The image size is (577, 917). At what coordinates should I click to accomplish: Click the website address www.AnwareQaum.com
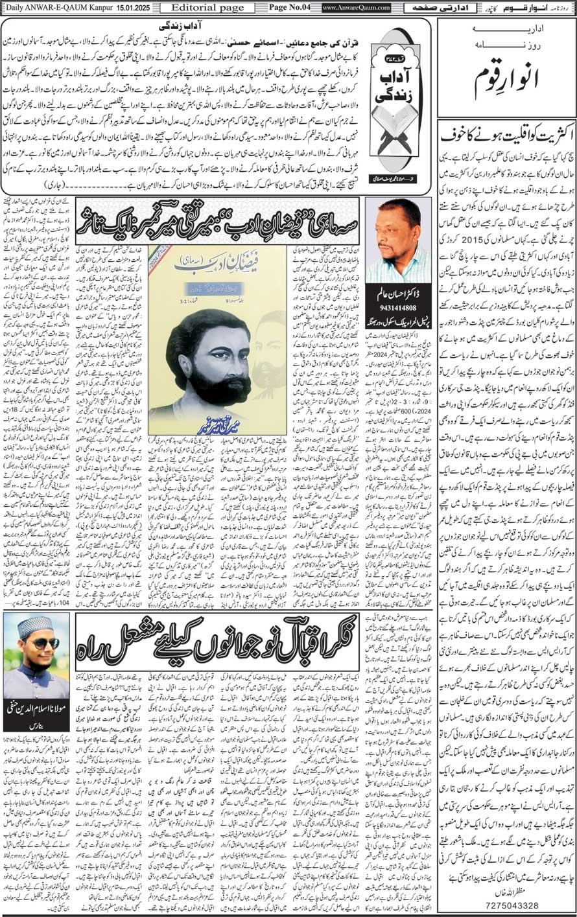356,8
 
